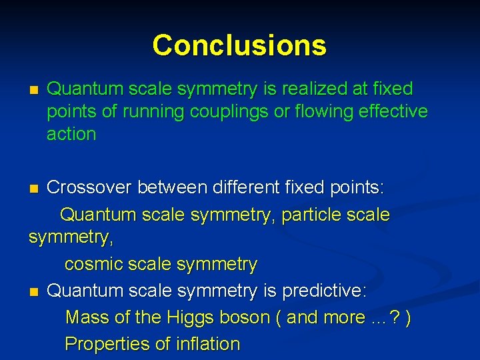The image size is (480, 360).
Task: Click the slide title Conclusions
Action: pyautogui.click(x=239, y=45)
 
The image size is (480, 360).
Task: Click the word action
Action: pyautogui.click(x=71, y=134)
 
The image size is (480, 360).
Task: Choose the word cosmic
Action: pyautogui.click(x=95, y=265)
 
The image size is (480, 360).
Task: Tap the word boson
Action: pyautogui.click(x=243, y=318)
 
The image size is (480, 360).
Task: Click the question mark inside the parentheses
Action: pyautogui.click(x=395, y=318)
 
